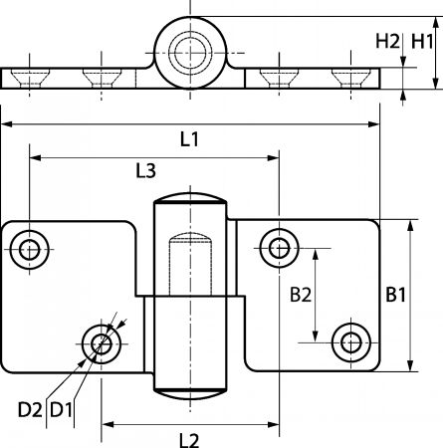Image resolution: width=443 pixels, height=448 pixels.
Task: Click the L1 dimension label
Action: (189, 139)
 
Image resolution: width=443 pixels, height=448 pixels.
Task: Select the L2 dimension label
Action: (189, 440)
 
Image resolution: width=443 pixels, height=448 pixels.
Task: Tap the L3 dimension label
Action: (145, 171)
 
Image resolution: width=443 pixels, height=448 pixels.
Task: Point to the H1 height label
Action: (422, 42)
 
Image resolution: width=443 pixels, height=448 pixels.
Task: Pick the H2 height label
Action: (387, 42)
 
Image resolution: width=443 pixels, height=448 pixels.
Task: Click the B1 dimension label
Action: (395, 295)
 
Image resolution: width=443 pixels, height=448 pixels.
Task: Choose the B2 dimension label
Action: (301, 295)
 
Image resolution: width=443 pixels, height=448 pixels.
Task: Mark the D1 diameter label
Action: (61, 410)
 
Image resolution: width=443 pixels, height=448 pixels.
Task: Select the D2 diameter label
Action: (30, 410)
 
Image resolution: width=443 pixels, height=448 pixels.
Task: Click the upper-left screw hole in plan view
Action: (30, 250)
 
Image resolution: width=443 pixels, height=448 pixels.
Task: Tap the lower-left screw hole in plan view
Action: (102, 344)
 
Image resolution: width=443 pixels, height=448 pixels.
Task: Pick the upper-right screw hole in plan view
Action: (279, 248)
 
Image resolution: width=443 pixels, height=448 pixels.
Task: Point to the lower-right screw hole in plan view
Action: (351, 342)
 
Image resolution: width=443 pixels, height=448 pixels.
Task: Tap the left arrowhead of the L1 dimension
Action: (7, 124)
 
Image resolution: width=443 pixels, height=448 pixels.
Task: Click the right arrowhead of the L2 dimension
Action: (273, 424)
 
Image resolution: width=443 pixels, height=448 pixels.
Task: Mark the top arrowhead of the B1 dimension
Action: (411, 226)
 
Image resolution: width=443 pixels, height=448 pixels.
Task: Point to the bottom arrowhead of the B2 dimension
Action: (316, 336)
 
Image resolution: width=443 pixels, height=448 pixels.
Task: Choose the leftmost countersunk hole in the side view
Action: (30, 78)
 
